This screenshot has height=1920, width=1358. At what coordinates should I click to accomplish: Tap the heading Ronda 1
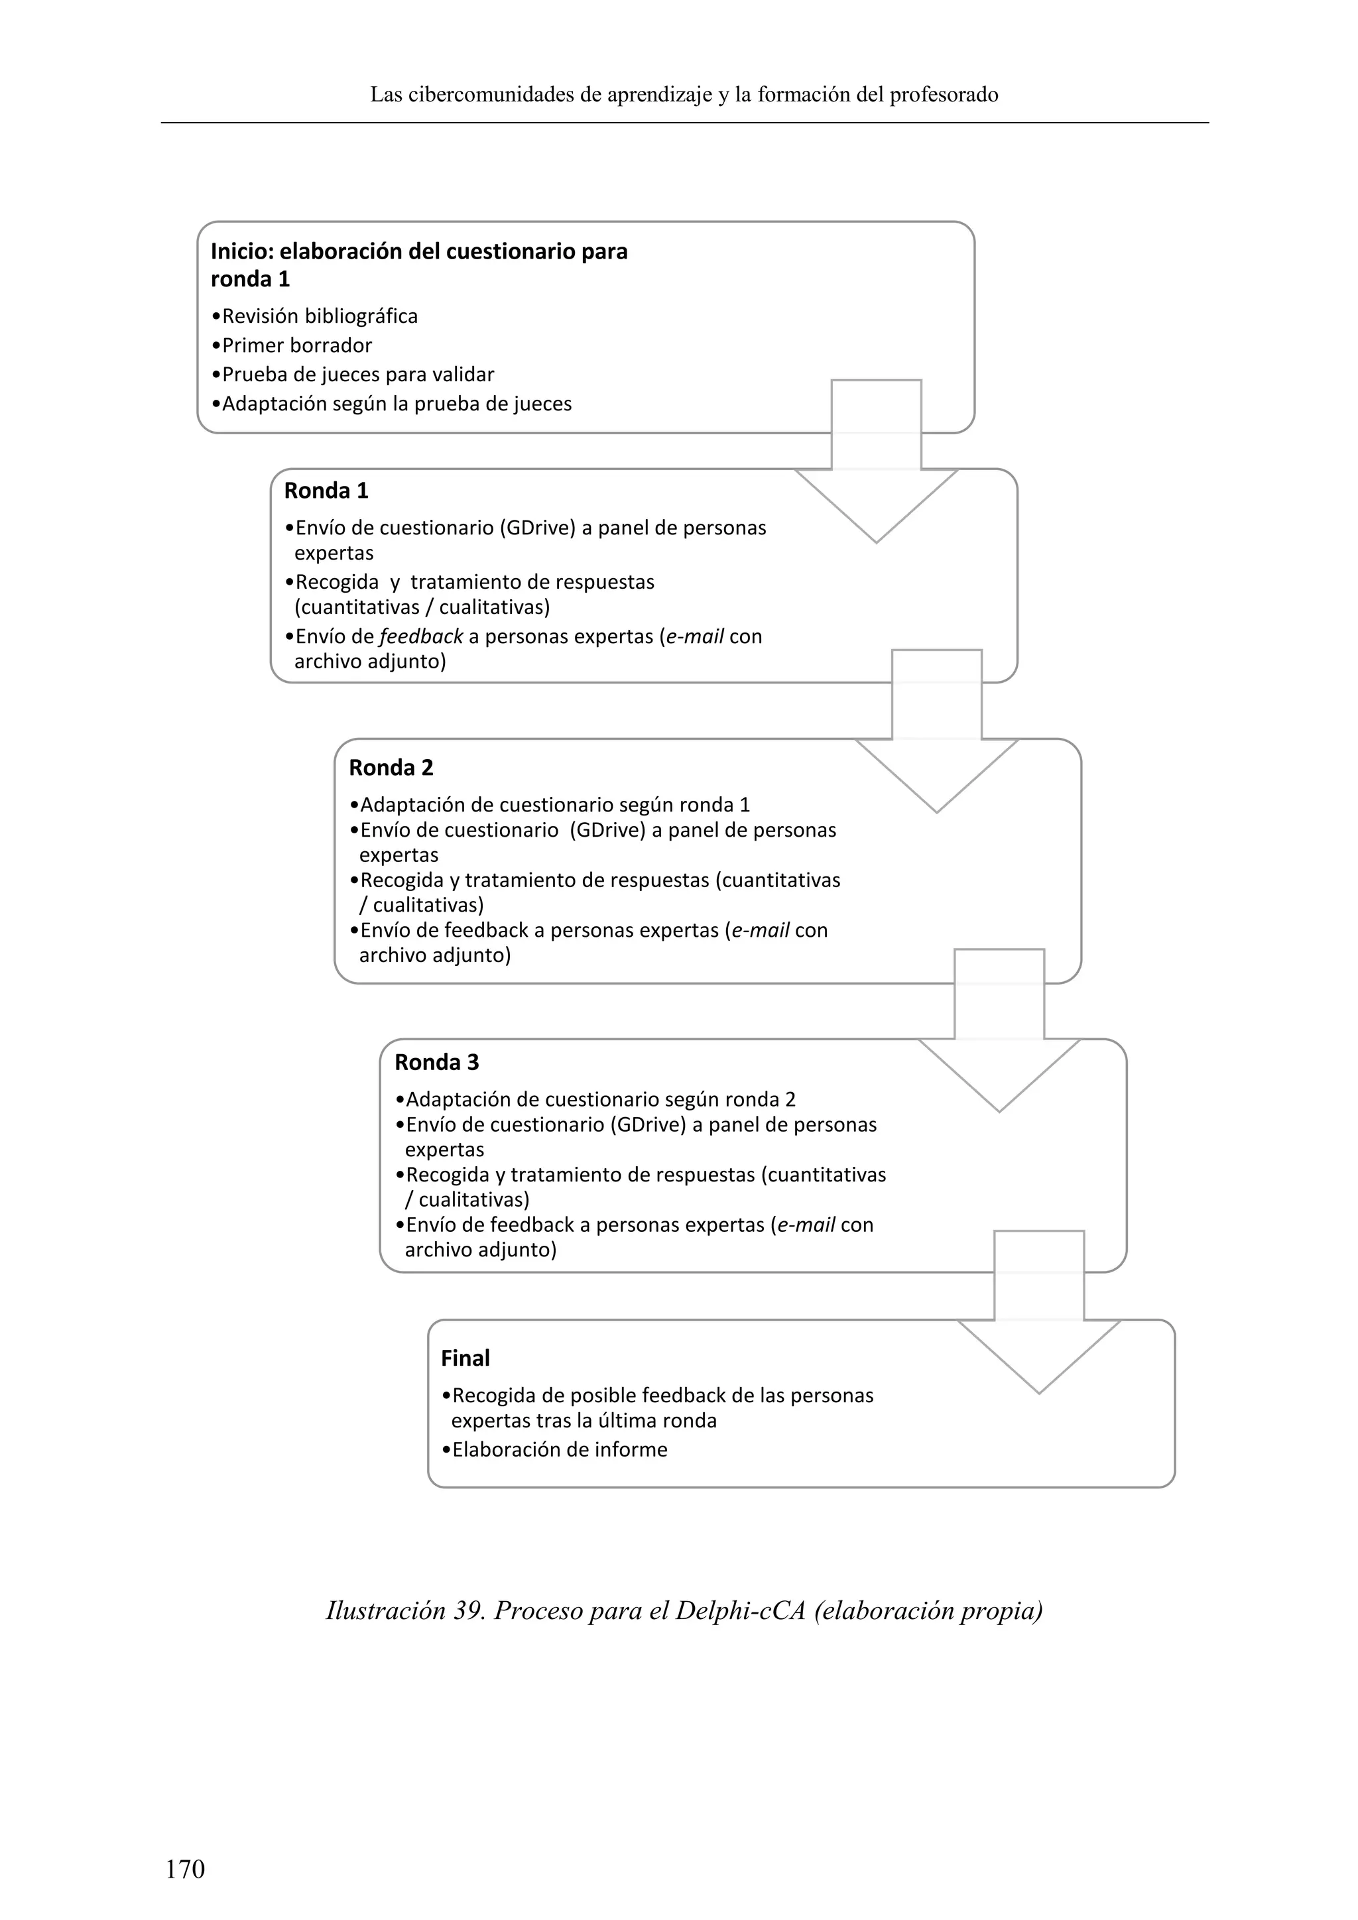click(x=326, y=491)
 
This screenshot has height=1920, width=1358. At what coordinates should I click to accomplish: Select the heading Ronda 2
click(x=391, y=768)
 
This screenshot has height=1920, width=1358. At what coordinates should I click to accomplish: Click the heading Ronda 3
click(x=436, y=1062)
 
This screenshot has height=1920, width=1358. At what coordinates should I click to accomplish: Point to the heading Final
click(x=465, y=1358)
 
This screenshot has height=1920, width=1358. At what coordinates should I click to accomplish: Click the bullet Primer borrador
click(x=292, y=345)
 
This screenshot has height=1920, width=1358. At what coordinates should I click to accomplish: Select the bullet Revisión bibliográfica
click(x=314, y=316)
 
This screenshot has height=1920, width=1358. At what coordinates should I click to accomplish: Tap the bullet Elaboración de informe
click(x=554, y=1449)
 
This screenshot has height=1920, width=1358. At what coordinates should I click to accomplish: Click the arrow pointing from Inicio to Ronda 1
click(x=875, y=468)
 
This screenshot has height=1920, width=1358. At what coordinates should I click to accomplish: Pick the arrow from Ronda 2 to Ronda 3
click(x=999, y=1038)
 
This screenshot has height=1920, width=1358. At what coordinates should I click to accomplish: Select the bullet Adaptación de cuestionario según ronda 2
click(x=595, y=1100)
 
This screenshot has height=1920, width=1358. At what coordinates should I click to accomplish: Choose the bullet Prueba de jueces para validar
click(x=353, y=375)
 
